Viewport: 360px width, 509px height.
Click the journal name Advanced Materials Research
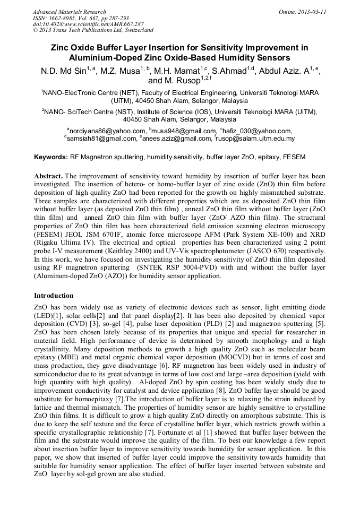[69, 12]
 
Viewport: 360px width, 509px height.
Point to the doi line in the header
[88, 24]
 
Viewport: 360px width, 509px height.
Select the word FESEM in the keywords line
[294, 158]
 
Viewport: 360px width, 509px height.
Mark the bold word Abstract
[48, 176]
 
